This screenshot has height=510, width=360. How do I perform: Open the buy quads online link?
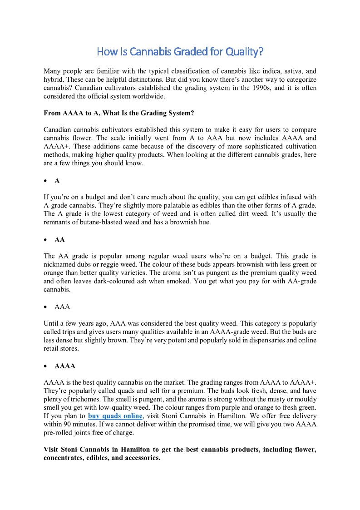tap(115, 416)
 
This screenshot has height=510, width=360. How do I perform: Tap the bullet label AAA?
tap(62, 307)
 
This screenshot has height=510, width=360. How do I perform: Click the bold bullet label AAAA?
tap(64, 366)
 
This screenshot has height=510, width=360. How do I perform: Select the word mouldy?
tap(304, 399)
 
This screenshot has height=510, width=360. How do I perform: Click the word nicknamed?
tap(60, 264)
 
